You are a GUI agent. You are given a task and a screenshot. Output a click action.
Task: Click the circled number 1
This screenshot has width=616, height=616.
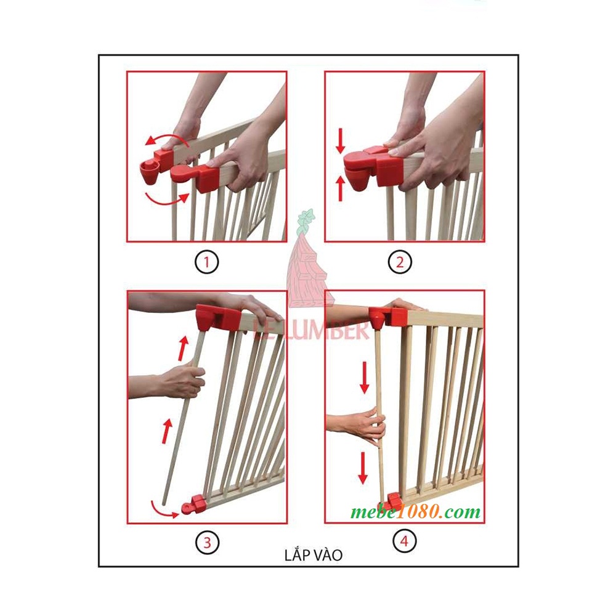pos(207,263)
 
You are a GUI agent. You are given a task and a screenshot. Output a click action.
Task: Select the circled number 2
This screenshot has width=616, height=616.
pos(400,263)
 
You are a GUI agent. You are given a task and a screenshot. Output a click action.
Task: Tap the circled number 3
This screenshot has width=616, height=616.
pos(207,543)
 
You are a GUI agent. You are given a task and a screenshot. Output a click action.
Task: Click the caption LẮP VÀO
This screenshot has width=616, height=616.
pos(314,555)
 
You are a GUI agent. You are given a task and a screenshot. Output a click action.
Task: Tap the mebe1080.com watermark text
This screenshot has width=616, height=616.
pos(416,512)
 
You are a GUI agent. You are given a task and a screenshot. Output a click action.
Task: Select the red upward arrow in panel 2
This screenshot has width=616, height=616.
pos(339,188)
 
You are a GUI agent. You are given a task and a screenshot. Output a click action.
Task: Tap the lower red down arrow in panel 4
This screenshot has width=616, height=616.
pos(363,468)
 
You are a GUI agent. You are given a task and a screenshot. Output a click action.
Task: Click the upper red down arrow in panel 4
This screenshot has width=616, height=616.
pos(364,377)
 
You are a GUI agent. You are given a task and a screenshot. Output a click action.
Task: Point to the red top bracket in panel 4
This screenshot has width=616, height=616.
pos(388,315)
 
